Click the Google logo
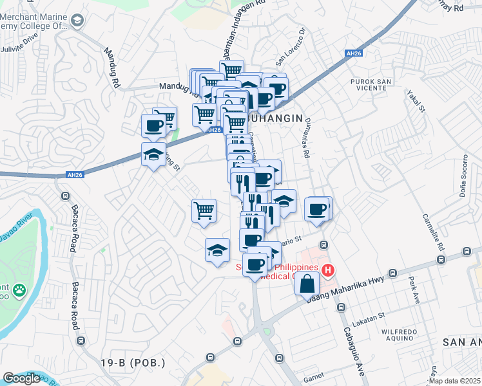coord(21,378)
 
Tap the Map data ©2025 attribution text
coord(454,381)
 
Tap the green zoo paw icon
coord(20,290)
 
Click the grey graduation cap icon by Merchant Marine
coord(77,22)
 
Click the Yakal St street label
coord(415,100)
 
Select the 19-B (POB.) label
coord(133,363)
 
